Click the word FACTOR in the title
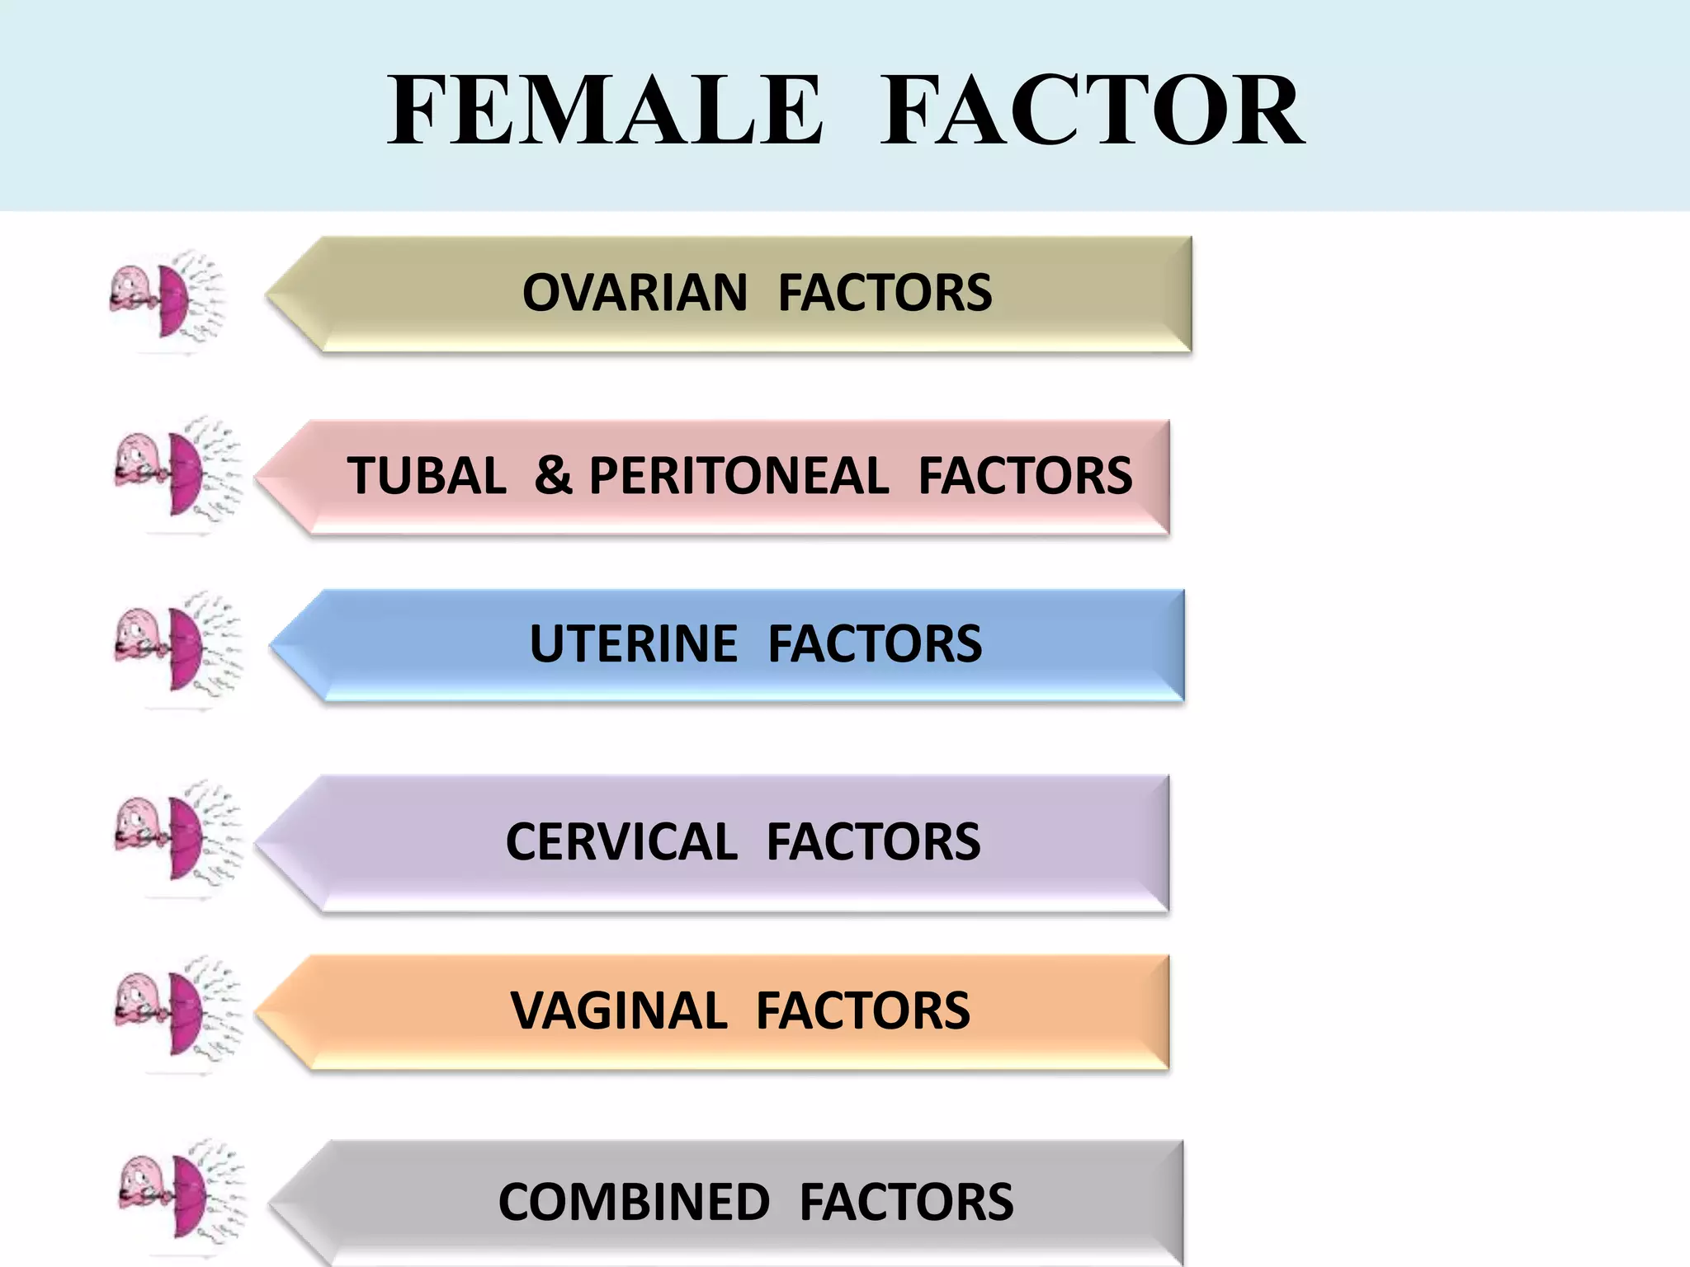[x=1092, y=111]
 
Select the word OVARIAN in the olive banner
[x=635, y=293]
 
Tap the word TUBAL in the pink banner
[x=427, y=476]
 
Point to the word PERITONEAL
[x=739, y=476]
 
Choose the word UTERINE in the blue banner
[x=633, y=643]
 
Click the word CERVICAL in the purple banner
[x=621, y=842]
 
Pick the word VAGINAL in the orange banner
[x=619, y=1011]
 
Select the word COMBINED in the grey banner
[x=634, y=1202]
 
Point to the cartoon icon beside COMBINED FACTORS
[x=180, y=1197]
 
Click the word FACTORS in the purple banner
[x=873, y=842]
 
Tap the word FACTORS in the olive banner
[x=885, y=293]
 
